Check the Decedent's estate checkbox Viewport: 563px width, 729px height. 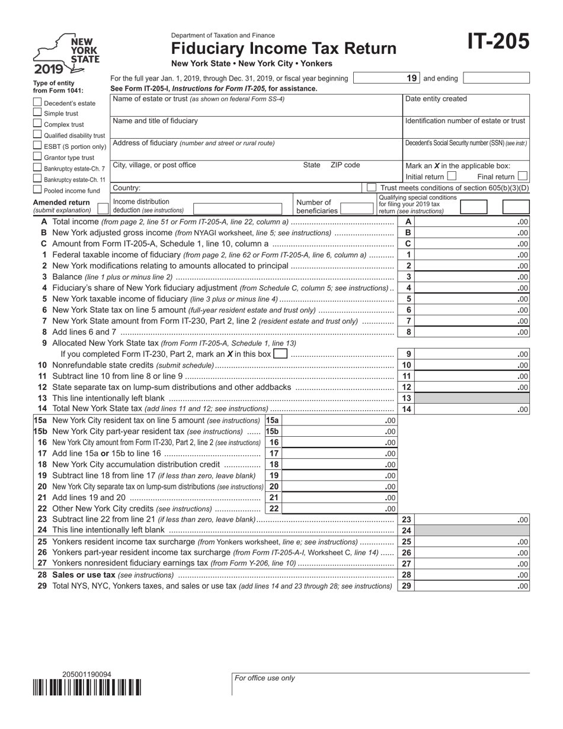point(37,102)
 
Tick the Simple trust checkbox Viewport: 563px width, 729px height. point(37,113)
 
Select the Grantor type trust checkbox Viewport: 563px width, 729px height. point(37,156)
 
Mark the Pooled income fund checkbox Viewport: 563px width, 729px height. point(37,190)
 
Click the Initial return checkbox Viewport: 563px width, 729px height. point(452,176)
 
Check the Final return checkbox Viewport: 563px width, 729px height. point(522,176)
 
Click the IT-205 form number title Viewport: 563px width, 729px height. point(498,42)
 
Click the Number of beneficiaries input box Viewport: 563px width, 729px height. point(357,208)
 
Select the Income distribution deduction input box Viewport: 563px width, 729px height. point(237,208)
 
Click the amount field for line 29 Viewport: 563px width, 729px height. point(472,586)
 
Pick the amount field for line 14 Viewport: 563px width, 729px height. point(472,409)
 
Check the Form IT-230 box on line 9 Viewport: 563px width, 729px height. point(280,354)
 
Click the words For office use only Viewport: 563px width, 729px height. point(265,678)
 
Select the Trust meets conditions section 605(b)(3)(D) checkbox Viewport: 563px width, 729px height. point(372,187)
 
